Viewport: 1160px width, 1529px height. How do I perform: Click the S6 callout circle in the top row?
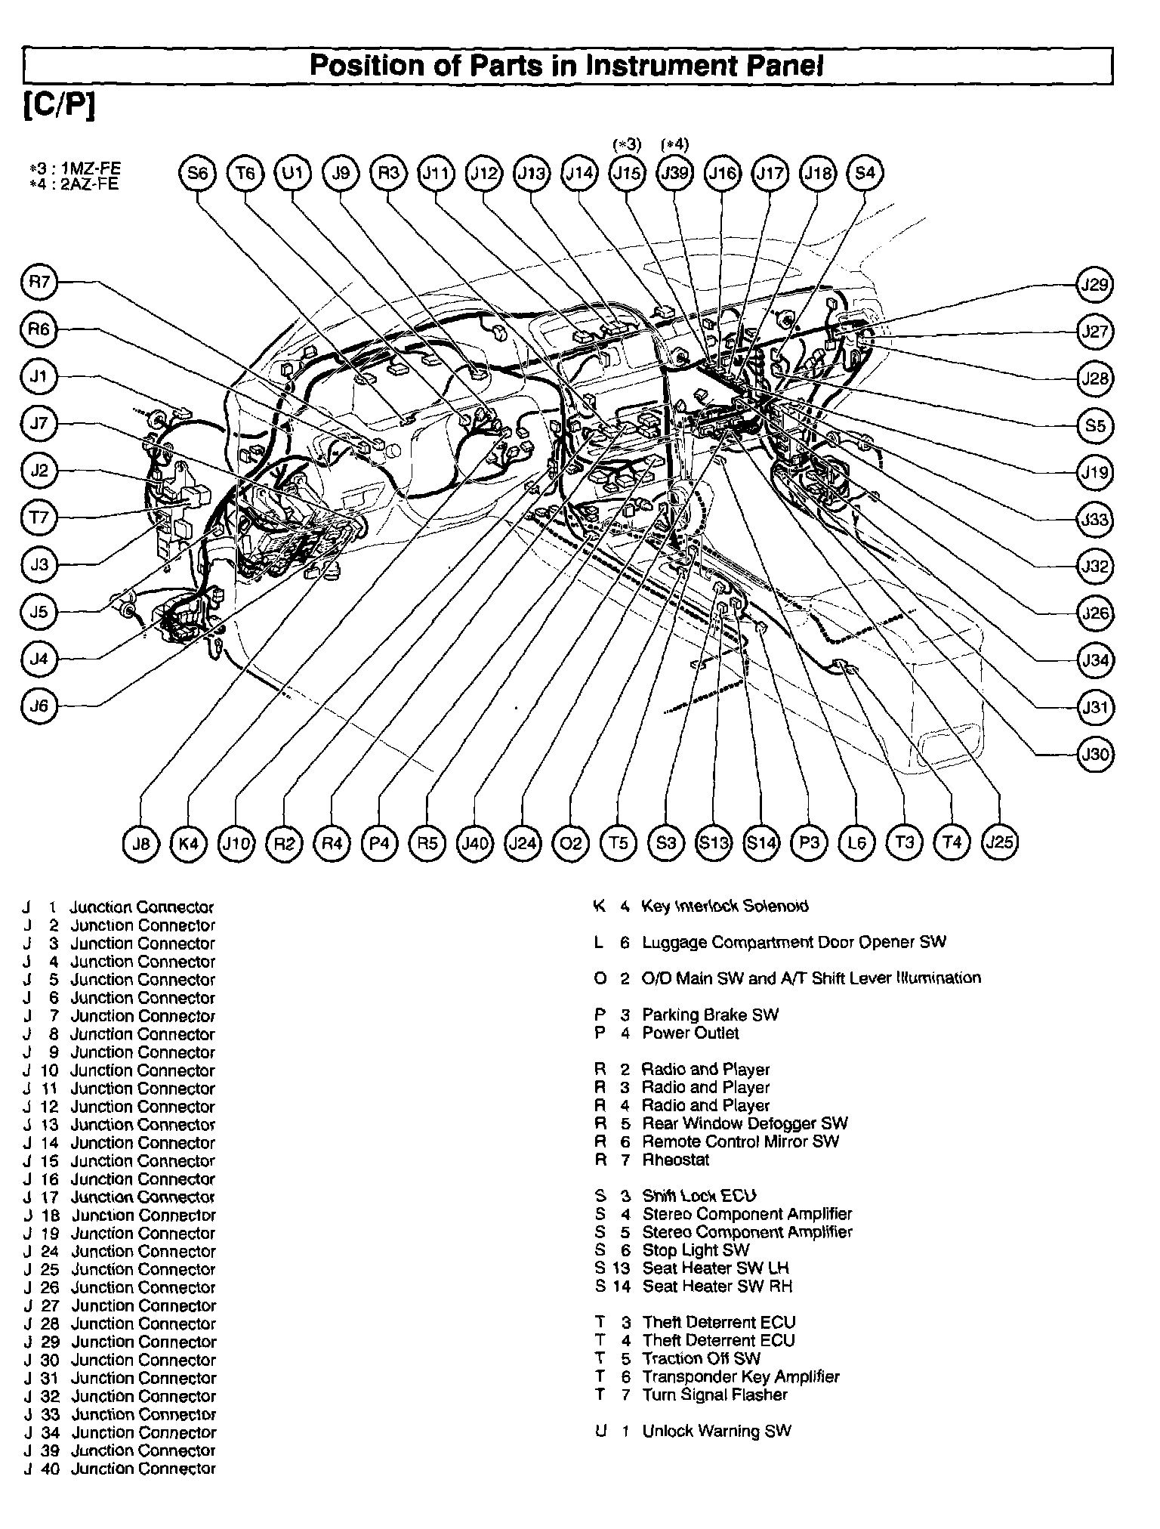197,174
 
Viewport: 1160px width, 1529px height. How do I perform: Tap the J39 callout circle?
674,174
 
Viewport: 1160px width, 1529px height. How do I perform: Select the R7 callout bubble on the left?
39,283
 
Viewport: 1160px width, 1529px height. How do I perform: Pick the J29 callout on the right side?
1094,285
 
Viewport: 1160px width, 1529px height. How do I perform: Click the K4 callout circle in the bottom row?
188,842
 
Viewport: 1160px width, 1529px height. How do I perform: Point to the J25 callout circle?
999,842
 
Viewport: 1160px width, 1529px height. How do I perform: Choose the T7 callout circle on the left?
39,518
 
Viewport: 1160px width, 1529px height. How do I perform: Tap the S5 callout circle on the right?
1094,426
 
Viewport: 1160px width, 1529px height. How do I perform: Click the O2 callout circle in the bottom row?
570,842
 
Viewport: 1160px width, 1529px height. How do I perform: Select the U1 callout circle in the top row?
293,174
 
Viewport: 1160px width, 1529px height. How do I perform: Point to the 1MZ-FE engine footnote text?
73,171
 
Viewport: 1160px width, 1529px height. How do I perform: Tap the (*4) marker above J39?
674,144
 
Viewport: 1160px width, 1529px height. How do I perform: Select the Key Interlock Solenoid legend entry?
723,906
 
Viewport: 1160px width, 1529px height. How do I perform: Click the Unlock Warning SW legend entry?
716,1431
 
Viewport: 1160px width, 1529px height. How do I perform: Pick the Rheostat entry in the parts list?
675,1160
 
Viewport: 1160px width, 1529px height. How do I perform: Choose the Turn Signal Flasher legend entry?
714,1395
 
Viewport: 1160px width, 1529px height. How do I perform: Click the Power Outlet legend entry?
690,1033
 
